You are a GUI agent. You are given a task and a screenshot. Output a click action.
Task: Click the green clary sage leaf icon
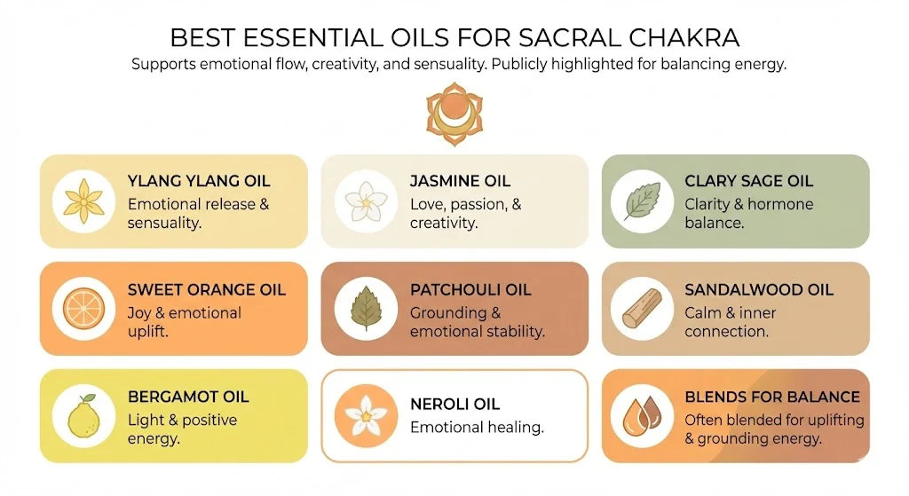(x=642, y=201)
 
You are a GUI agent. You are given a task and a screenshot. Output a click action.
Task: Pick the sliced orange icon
(x=83, y=308)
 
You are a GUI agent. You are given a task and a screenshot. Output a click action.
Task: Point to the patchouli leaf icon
(x=366, y=308)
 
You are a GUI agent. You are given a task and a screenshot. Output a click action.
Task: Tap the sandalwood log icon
(x=642, y=308)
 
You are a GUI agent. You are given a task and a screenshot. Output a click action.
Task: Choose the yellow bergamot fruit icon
(x=83, y=415)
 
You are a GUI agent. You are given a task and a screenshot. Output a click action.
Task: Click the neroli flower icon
(x=366, y=415)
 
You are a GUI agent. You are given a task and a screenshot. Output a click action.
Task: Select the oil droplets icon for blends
(x=642, y=415)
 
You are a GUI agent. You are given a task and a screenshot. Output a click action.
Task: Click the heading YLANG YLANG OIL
(x=199, y=182)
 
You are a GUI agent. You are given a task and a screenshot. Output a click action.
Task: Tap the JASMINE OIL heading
(x=460, y=182)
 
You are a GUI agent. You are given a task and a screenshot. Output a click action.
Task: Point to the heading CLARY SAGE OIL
(x=748, y=182)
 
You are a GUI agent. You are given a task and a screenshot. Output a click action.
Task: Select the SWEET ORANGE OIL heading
(x=207, y=290)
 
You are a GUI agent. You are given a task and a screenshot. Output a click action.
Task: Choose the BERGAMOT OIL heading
(x=188, y=397)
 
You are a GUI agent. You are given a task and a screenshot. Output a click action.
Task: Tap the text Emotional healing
(x=477, y=428)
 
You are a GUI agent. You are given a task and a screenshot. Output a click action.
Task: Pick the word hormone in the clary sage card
(x=780, y=204)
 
